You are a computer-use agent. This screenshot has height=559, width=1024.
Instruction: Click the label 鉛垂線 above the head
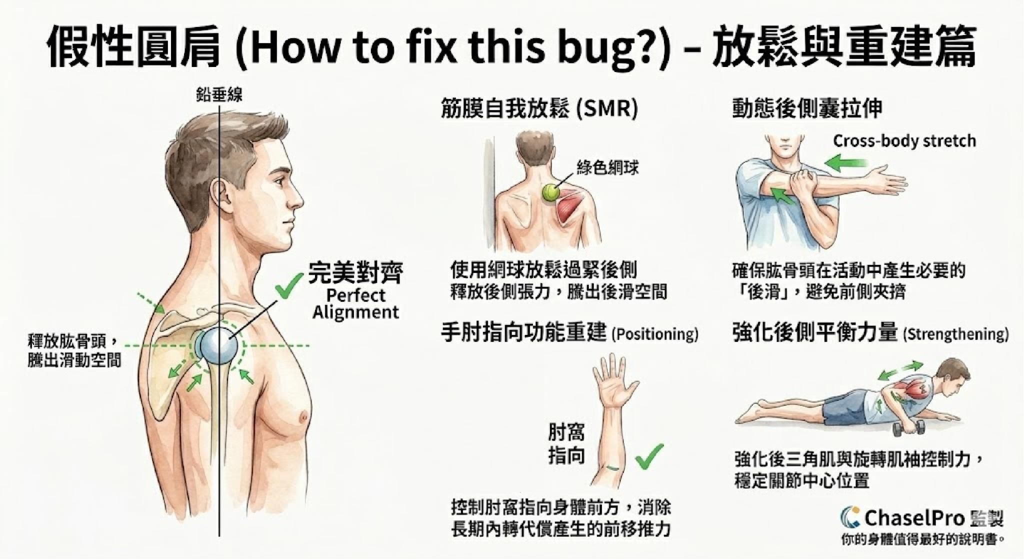click(x=219, y=95)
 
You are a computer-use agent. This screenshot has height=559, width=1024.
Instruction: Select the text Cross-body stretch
click(x=904, y=141)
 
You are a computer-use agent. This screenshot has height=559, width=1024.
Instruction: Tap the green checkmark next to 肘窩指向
click(x=649, y=455)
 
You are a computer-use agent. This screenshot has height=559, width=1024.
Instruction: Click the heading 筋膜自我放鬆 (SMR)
click(x=539, y=109)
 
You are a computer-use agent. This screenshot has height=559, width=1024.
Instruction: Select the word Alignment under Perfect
click(x=355, y=312)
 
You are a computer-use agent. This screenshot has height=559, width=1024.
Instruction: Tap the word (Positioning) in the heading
click(x=654, y=334)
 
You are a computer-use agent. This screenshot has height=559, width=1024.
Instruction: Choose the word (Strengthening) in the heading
click(x=955, y=334)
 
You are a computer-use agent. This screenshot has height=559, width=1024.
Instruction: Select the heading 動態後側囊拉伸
click(x=807, y=109)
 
